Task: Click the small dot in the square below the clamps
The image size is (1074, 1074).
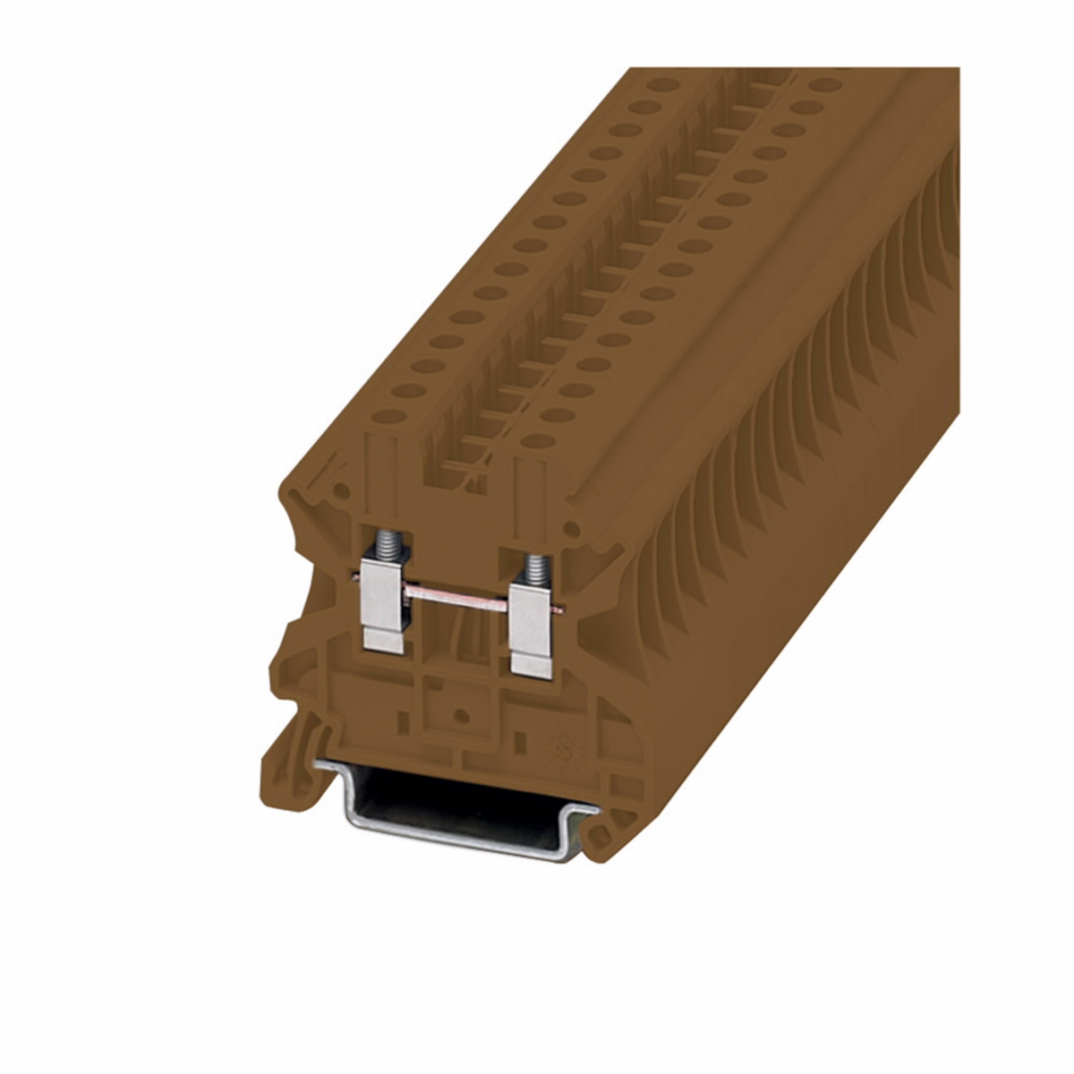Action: (462, 715)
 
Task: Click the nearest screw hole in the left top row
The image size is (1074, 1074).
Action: (386, 415)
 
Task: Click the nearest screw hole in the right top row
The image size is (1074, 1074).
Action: (538, 439)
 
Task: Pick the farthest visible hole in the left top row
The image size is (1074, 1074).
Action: (663, 85)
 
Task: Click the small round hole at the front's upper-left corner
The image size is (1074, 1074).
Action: (341, 491)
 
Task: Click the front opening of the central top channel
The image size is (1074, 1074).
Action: (465, 465)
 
